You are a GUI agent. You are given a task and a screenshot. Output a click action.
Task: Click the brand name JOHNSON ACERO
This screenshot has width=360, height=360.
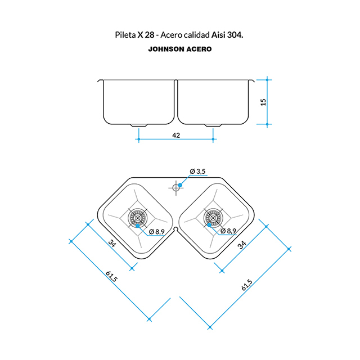[x=180, y=49]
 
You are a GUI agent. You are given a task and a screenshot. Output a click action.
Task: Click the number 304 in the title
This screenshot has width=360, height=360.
[x=234, y=35]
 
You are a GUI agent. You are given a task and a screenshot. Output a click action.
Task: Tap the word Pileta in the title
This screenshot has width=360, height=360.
[x=125, y=35]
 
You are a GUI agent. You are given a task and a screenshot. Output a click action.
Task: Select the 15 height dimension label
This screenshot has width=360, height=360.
[x=263, y=102]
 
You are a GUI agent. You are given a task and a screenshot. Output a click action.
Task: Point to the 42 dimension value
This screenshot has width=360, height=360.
[x=176, y=136]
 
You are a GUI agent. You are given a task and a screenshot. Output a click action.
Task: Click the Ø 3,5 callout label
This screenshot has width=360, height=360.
[x=197, y=171]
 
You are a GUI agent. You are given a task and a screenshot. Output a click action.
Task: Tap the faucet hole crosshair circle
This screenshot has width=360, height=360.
[x=176, y=188]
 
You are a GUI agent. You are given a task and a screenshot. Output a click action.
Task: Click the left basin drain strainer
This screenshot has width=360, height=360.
[x=137, y=218]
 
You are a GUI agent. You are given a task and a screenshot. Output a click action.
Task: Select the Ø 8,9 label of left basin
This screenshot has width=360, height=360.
[x=157, y=232]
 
